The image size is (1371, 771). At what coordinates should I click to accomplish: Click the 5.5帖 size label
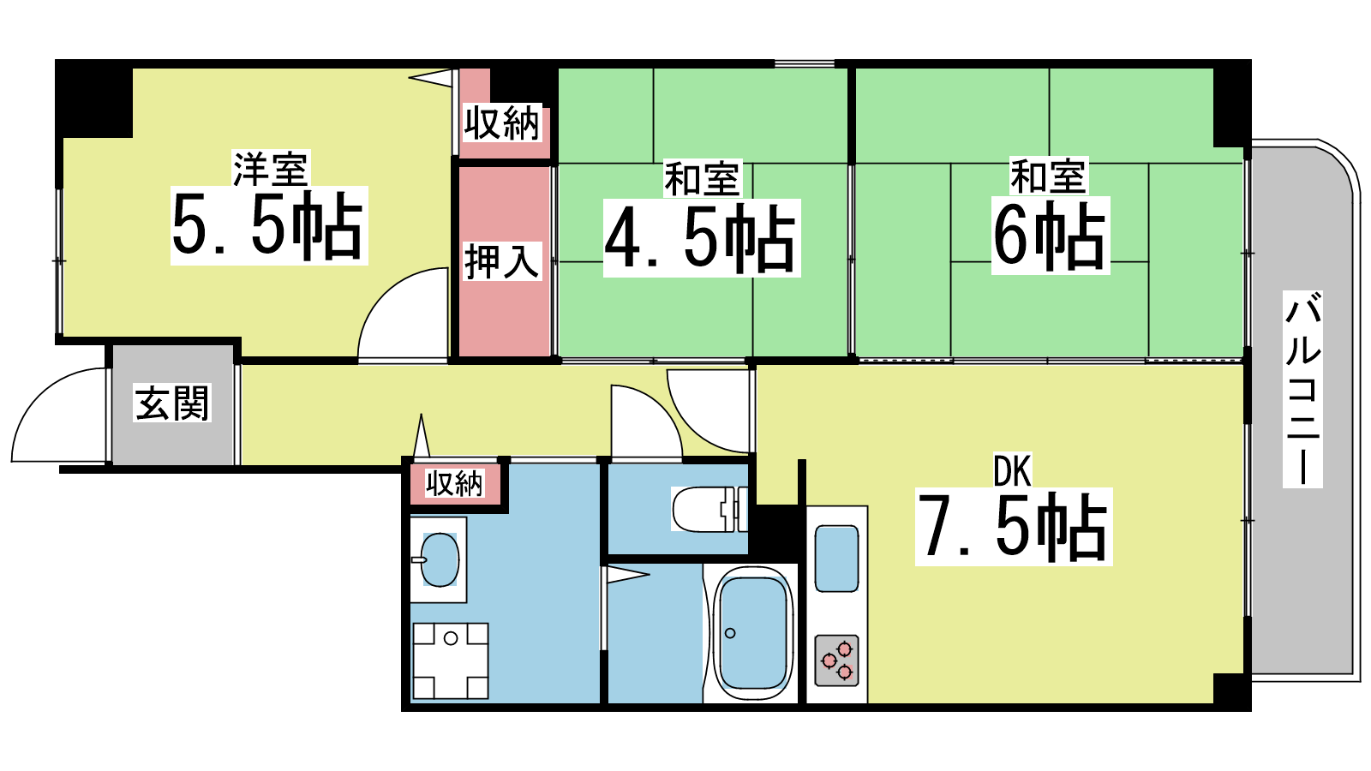tap(268, 225)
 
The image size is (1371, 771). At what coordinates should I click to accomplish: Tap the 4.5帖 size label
tap(702, 237)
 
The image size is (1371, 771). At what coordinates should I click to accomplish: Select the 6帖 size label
tap(1051, 235)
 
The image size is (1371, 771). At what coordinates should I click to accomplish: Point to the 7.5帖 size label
tap(1014, 526)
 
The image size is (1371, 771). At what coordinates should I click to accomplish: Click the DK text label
tap(1013, 470)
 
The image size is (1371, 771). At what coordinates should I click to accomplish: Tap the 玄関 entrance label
tap(172, 403)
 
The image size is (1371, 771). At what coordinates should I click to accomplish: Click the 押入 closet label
tap(502, 261)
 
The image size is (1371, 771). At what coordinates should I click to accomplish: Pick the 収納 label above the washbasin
tap(454, 483)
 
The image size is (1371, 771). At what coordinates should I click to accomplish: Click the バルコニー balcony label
tap(1302, 389)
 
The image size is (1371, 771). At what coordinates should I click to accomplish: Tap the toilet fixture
tap(710, 509)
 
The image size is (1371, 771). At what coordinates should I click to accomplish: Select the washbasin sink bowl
tap(440, 559)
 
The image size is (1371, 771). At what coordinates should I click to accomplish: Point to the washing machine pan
tap(451, 660)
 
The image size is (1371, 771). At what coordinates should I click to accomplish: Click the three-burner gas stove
tap(836, 660)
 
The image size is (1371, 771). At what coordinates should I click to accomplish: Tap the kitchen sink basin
tap(836, 559)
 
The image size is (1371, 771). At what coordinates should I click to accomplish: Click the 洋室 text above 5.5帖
tap(270, 169)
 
